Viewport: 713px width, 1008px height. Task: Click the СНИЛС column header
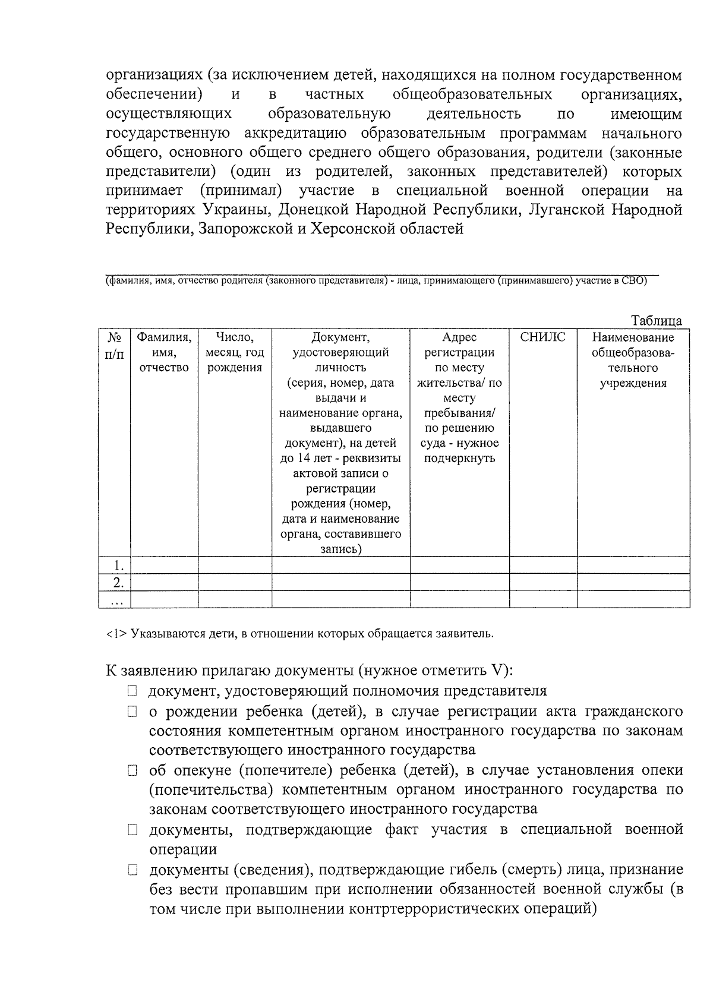(x=542, y=337)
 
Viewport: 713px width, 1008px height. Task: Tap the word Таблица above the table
(x=656, y=321)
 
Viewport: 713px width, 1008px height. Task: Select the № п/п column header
(x=115, y=346)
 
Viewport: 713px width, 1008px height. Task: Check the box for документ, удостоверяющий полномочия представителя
(x=132, y=691)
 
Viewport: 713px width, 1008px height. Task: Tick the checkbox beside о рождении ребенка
(x=132, y=711)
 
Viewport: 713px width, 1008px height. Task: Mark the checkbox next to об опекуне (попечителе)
(x=132, y=770)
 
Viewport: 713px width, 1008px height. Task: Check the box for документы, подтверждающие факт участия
(x=132, y=829)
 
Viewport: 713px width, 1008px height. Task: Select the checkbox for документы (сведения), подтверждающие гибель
(x=132, y=871)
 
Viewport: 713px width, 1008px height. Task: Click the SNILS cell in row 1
(x=542, y=565)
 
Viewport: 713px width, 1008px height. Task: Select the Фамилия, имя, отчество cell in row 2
(x=164, y=582)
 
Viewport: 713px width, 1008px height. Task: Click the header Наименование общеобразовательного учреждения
(x=633, y=360)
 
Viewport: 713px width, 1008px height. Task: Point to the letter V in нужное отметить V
(x=497, y=671)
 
